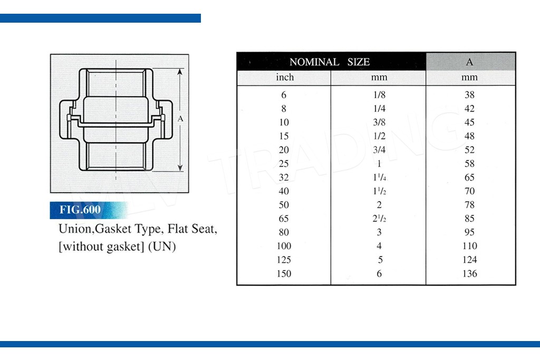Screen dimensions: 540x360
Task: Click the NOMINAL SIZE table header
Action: [330, 62]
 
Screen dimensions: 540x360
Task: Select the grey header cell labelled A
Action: [470, 62]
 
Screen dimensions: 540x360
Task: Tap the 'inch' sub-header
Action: [285, 77]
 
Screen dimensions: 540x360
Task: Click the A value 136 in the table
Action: [470, 274]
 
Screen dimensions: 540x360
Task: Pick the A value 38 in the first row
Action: [469, 95]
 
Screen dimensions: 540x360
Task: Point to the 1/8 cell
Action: [379, 95]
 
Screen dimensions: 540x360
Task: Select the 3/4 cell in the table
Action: [379, 150]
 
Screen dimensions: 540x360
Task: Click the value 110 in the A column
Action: [470, 246]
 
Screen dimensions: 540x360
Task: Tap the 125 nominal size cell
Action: [284, 259]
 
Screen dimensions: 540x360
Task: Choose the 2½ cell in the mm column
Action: [379, 219]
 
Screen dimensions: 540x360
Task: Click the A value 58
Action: [469, 163]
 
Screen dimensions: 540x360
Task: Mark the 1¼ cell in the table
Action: [379, 177]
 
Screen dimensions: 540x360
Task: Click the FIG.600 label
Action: [80, 210]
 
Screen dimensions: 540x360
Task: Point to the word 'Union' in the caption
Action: [76, 229]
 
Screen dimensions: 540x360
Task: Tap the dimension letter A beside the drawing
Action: [180, 119]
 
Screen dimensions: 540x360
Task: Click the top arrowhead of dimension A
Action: [180, 71]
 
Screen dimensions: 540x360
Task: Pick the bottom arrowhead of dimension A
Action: [180, 168]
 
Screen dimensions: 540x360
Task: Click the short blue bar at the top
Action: [100, 18]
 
